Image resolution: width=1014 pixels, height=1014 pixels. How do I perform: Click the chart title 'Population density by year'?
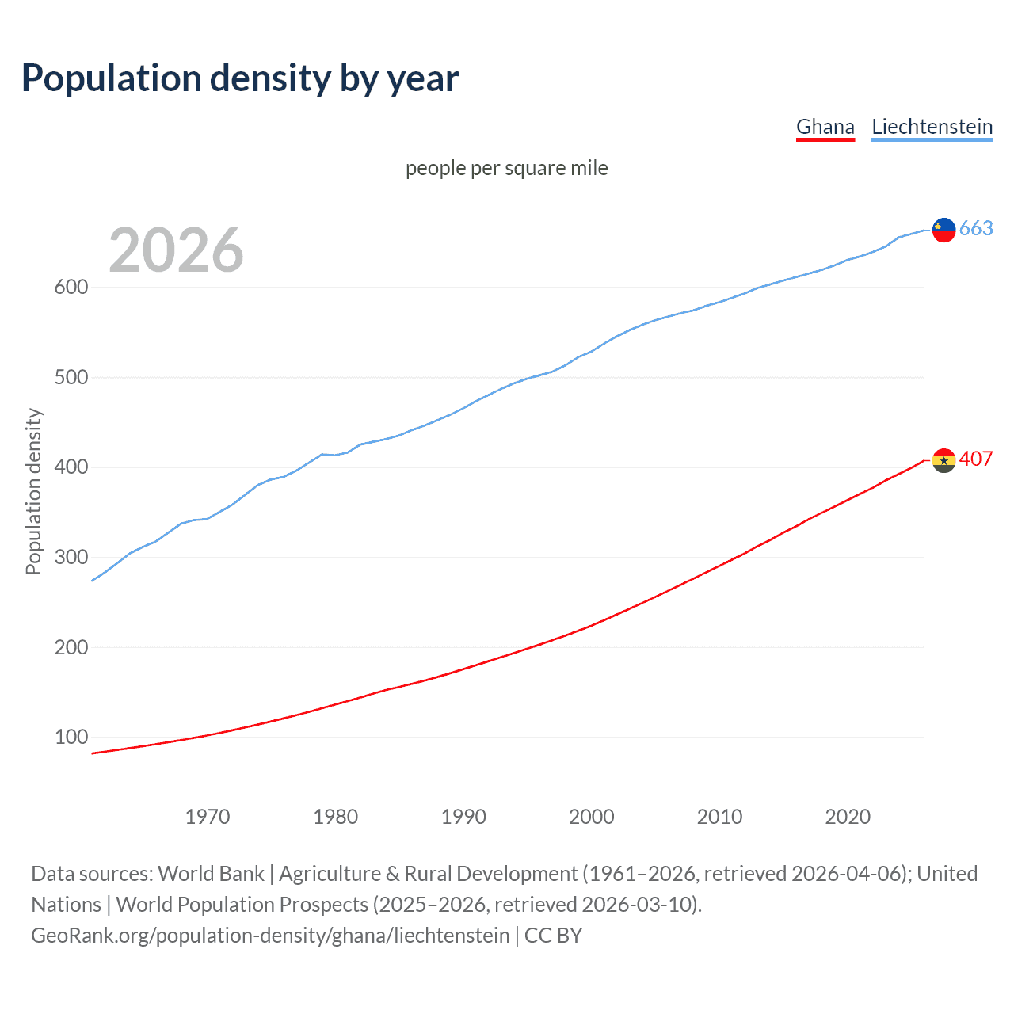click(x=240, y=78)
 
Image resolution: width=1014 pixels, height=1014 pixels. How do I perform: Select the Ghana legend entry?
click(x=825, y=127)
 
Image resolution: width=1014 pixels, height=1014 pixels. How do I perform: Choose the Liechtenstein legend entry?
click(x=932, y=127)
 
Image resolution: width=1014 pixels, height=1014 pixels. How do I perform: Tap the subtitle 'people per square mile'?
click(x=506, y=168)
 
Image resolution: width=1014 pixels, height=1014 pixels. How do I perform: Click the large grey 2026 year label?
click(x=176, y=250)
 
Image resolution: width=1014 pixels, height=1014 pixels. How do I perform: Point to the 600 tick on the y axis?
click(x=71, y=288)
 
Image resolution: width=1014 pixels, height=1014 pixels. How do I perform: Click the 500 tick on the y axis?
click(x=71, y=377)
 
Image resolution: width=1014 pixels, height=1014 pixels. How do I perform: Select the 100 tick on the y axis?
click(x=71, y=738)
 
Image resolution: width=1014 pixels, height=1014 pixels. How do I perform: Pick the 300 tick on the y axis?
click(x=71, y=558)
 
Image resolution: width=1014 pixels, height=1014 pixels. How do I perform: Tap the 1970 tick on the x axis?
click(x=208, y=817)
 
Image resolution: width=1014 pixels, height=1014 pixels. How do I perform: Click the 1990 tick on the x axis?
click(x=463, y=817)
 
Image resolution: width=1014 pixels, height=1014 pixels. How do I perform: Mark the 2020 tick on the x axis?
click(x=848, y=817)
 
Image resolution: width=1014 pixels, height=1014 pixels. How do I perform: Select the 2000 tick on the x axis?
click(x=592, y=817)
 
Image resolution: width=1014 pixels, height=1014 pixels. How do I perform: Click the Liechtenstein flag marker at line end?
click(x=943, y=230)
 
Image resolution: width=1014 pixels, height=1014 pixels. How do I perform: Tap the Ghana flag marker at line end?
click(x=943, y=460)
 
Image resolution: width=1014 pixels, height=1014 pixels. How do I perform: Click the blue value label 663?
click(x=976, y=229)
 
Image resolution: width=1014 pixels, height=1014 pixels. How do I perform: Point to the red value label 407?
click(x=976, y=459)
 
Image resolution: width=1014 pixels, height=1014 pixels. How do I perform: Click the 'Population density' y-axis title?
click(x=33, y=491)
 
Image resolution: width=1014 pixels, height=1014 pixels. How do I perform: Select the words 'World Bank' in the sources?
click(x=211, y=874)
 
